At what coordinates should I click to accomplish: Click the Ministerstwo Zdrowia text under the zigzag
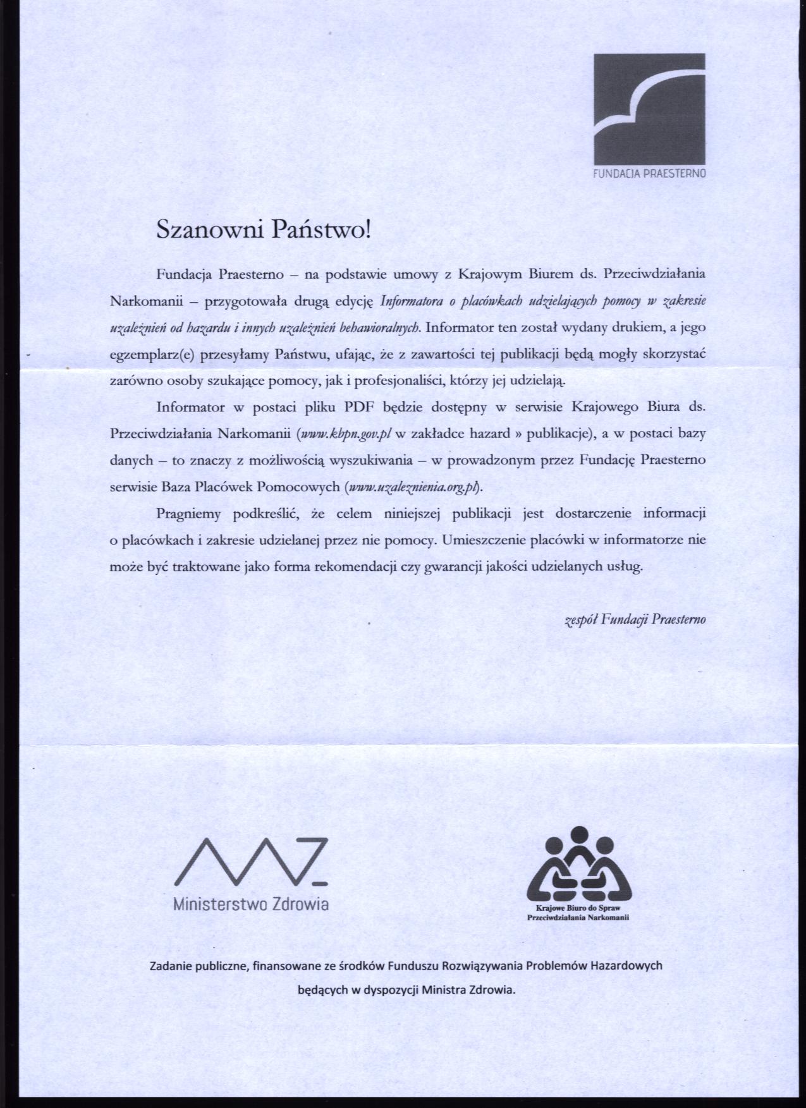(251, 904)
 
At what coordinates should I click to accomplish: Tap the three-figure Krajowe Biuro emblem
(580, 864)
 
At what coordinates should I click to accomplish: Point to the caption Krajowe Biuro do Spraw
(579, 908)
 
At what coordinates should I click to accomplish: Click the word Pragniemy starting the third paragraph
(188, 514)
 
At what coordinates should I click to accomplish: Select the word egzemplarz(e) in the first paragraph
(152, 355)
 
